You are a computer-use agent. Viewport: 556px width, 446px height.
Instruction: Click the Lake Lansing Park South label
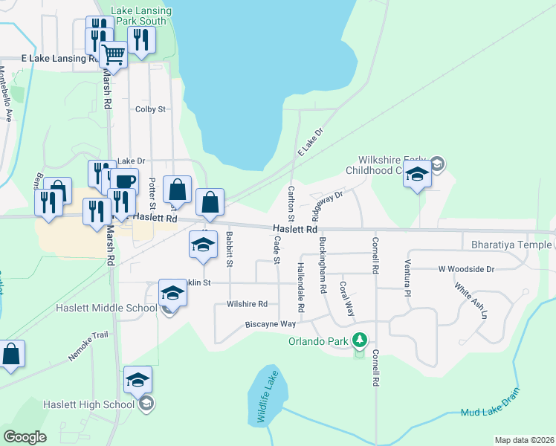[x=142, y=16]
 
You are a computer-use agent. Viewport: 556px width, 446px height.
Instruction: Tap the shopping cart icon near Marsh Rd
[x=112, y=54]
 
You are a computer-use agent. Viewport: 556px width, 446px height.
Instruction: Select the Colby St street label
[x=150, y=109]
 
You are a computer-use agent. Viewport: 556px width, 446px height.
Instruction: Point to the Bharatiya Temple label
[x=505, y=244]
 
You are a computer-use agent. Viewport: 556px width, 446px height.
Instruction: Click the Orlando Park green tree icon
[x=360, y=340]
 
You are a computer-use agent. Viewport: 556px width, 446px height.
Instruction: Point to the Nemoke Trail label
[x=89, y=346]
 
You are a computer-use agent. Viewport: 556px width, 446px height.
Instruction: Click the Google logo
[x=25, y=437]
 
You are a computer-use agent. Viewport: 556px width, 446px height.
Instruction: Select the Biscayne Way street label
[x=271, y=324]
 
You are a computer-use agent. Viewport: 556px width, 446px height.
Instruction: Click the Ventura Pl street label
[x=407, y=278]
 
